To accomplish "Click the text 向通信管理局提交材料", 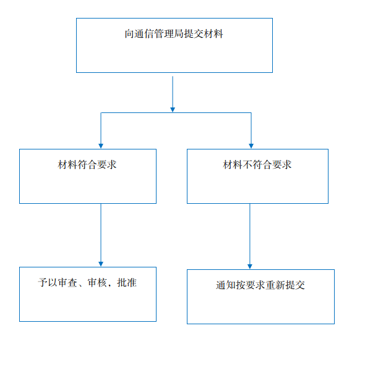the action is coord(174,34).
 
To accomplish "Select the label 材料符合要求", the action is coord(87,164).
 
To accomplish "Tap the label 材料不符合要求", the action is coord(257,164).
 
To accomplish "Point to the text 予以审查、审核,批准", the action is coord(87,283).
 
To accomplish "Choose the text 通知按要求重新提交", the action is coord(260,285).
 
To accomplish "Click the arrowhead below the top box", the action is coord(173,110).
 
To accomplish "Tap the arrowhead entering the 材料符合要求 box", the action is coord(101,146).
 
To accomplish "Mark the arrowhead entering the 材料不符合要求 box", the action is coord(251,146).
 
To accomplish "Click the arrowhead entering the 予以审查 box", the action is coord(101,264).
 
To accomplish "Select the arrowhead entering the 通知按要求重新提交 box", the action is coord(250,267).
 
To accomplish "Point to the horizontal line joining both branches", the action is coord(176,112).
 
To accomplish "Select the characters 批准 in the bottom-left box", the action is coord(127,283).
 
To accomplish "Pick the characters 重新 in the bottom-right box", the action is coord(275,285).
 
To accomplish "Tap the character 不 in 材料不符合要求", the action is coord(247,164).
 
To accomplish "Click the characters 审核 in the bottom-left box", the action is coord(97,283).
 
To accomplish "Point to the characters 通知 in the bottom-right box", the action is coord(226,285).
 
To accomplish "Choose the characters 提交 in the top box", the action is coord(194,34).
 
